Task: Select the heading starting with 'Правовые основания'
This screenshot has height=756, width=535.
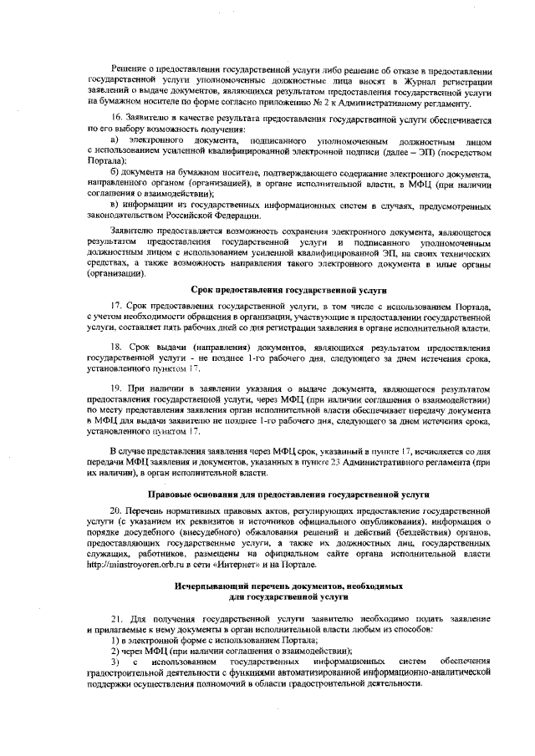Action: click(x=288, y=495)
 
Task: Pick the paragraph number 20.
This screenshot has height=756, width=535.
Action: click(x=117, y=510)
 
